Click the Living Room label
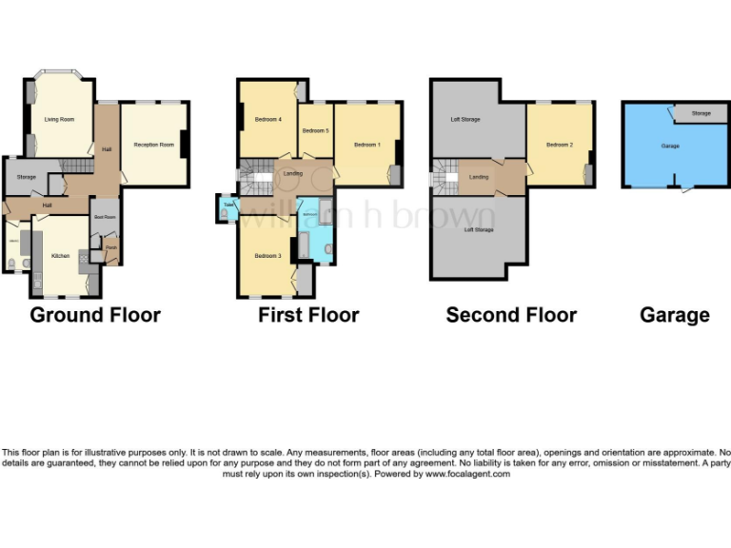59,120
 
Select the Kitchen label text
61,256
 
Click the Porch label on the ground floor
111,247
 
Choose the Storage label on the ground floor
26,176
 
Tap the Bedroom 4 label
268,120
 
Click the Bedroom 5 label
314,130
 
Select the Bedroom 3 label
267,256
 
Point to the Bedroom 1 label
366,145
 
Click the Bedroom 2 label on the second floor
559,145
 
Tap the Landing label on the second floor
479,177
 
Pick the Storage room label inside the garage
701,114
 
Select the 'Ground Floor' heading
95,315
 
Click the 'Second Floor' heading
511,315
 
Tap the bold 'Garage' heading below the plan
674,315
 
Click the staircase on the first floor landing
253,176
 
